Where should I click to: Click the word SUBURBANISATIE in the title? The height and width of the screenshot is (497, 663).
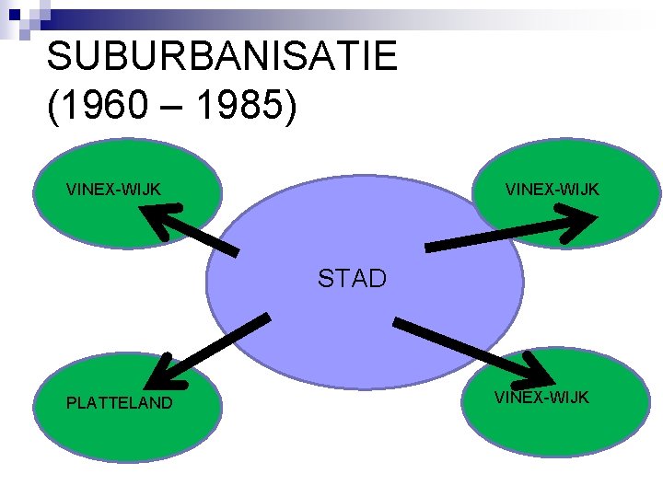pyautogui.click(x=222, y=57)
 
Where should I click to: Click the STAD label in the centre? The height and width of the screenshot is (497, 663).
pyautogui.click(x=352, y=278)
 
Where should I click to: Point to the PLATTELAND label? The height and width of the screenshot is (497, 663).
pyautogui.click(x=119, y=402)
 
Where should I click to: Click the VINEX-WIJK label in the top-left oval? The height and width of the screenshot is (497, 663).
pyautogui.click(x=113, y=190)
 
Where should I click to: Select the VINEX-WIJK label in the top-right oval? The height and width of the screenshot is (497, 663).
pyautogui.click(x=552, y=190)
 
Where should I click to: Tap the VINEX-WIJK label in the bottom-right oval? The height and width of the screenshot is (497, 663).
pyautogui.click(x=541, y=398)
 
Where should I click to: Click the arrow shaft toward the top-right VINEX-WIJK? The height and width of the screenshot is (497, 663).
pyautogui.click(x=488, y=238)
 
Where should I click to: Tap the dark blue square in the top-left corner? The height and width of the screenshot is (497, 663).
pyautogui.click(x=14, y=14)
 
